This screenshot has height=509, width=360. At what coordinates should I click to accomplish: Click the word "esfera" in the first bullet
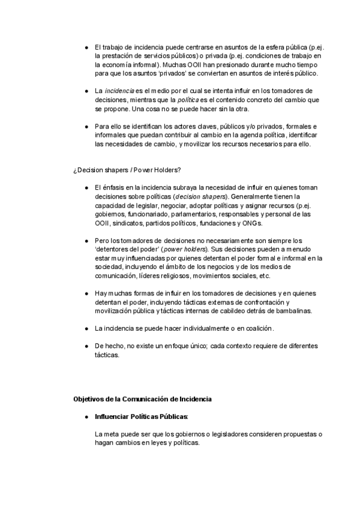coord(269,47)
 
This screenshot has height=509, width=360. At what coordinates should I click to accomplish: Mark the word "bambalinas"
coord(293,311)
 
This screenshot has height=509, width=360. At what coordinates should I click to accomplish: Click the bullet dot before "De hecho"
coord(87,346)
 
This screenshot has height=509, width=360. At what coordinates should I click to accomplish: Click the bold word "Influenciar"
coord(112,416)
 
